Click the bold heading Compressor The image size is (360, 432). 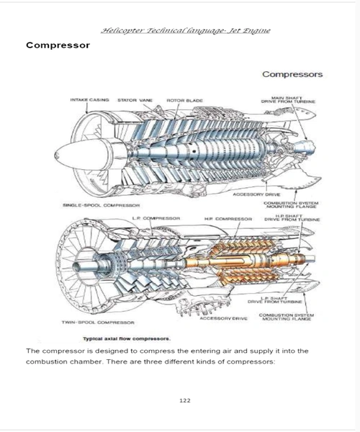[x=58, y=45]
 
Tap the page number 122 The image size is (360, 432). [x=185, y=400]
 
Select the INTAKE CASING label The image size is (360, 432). [x=89, y=100]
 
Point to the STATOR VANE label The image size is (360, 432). [x=135, y=100]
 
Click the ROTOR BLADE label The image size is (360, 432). [x=184, y=101]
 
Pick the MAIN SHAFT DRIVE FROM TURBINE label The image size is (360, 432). [x=288, y=100]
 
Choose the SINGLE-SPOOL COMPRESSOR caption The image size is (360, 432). [x=101, y=205]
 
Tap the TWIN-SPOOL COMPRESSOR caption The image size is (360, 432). [x=98, y=323]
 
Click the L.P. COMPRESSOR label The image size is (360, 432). [x=156, y=218]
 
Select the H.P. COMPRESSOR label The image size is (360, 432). [x=228, y=219]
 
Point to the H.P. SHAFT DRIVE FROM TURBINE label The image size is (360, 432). [x=292, y=218]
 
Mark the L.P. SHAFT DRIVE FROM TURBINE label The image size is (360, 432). [x=274, y=300]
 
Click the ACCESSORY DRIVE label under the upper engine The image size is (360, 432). [x=256, y=194]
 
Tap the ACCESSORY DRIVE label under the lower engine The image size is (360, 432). [x=223, y=318]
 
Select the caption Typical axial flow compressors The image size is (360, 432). [x=127, y=338]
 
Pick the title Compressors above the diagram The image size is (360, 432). [x=292, y=74]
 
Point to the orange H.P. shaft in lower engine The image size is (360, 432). [x=245, y=261]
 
